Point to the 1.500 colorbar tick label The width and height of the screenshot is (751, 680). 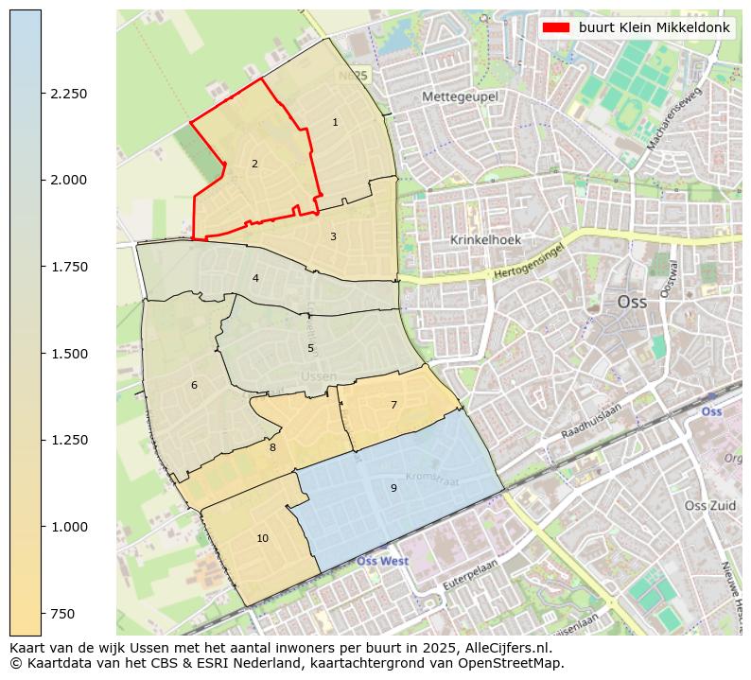tap(69, 354)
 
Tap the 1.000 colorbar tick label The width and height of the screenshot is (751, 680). tap(69, 527)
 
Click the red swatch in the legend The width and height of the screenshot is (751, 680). tap(556, 27)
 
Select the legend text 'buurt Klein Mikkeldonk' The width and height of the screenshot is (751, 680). tap(654, 27)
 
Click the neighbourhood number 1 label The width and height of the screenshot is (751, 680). tap(335, 122)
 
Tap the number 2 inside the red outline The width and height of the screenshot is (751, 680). tap(254, 164)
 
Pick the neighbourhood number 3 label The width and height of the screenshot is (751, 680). tap(333, 236)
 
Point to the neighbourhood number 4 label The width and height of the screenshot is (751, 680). tap(255, 278)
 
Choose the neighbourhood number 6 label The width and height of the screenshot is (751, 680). tap(194, 385)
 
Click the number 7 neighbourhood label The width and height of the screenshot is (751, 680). tap(393, 405)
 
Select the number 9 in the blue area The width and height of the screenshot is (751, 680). tap(393, 488)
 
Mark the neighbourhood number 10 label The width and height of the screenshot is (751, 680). tap(262, 538)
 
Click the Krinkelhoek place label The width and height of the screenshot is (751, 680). tap(485, 240)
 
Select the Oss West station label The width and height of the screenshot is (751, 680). tap(382, 561)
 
